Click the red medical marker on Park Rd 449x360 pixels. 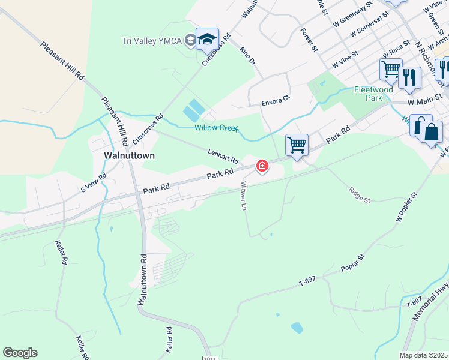(262, 166)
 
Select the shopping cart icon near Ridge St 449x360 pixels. (297, 145)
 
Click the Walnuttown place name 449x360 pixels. (129, 155)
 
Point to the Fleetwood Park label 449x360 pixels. (373, 93)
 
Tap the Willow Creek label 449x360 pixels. (216, 128)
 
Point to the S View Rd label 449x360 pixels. (93, 182)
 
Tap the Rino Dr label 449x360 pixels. (247, 56)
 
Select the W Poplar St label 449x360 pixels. (406, 207)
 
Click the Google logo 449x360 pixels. (20, 353)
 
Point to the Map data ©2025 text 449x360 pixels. (424, 355)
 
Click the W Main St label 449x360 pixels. (424, 103)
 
